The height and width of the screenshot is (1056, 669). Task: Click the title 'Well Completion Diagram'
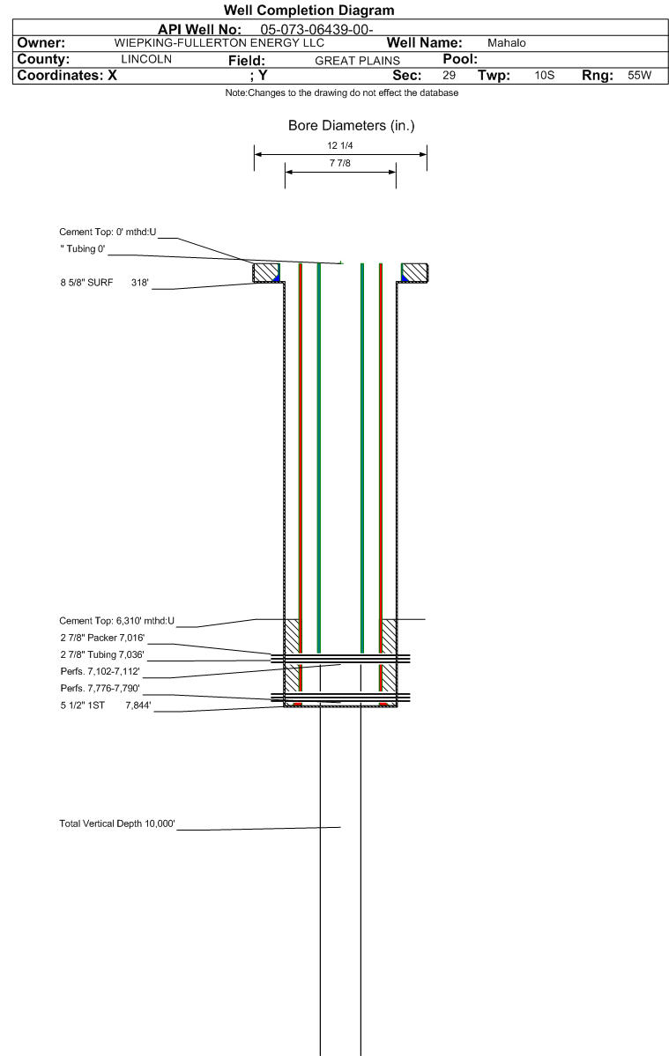pyautogui.click(x=308, y=10)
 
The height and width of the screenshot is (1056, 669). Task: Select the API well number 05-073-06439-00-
pyautogui.click(x=316, y=30)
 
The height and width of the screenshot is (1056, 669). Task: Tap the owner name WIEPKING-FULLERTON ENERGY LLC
pyautogui.click(x=219, y=42)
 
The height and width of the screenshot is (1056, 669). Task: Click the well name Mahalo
pyautogui.click(x=507, y=43)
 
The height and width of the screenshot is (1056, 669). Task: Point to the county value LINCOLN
pyautogui.click(x=146, y=59)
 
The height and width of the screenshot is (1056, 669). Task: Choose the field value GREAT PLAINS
pyautogui.click(x=357, y=61)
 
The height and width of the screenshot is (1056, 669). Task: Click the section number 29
pyautogui.click(x=449, y=76)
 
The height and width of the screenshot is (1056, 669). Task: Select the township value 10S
pyautogui.click(x=545, y=76)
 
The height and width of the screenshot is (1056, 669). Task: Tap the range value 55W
pyautogui.click(x=639, y=76)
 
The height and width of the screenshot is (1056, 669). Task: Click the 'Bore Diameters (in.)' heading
pyautogui.click(x=352, y=125)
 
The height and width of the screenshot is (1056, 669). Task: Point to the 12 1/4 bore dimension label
pyautogui.click(x=340, y=145)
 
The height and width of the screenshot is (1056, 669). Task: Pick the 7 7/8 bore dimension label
pyautogui.click(x=340, y=163)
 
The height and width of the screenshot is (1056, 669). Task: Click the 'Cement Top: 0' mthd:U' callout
pyautogui.click(x=108, y=233)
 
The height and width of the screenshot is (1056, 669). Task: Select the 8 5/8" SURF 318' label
pyautogui.click(x=104, y=283)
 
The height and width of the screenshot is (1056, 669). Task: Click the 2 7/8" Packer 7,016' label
pyautogui.click(x=102, y=638)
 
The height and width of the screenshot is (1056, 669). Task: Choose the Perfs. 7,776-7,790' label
pyautogui.click(x=100, y=688)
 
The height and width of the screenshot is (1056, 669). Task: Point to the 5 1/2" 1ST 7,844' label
pyautogui.click(x=106, y=705)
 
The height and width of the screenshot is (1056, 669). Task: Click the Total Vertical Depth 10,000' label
pyautogui.click(x=117, y=823)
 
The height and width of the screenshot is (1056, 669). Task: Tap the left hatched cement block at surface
pyautogui.click(x=266, y=273)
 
